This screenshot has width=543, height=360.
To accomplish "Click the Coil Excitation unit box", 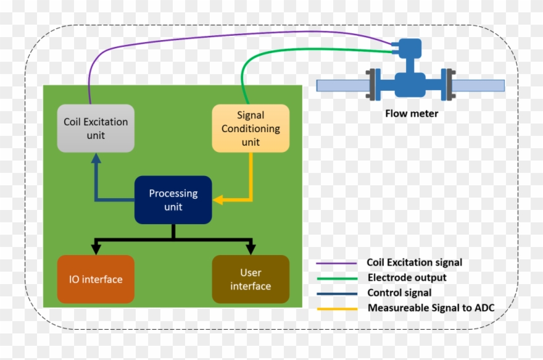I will tap(96, 128).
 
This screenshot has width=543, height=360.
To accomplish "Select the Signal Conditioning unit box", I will tap(251, 128).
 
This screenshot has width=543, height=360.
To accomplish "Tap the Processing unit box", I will tap(173, 199).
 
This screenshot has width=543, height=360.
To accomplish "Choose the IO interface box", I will tap(96, 279).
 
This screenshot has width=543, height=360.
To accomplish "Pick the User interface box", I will tap(251, 279).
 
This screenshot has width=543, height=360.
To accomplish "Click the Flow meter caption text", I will tap(412, 113).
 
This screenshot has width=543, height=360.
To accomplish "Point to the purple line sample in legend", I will tap(337, 263).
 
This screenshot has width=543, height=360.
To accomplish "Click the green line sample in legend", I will tap(337, 278).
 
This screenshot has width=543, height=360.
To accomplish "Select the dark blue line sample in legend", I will tap(337, 293).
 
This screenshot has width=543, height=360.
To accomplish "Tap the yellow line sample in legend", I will tap(337, 308).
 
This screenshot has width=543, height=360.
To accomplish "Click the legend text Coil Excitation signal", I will tap(414, 262).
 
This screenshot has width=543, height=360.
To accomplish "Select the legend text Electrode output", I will tap(407, 278).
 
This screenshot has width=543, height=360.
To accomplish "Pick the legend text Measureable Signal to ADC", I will tap(431, 308).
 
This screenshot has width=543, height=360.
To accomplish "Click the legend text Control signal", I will tap(399, 293).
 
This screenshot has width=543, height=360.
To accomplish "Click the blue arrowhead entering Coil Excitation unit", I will tap(96, 158).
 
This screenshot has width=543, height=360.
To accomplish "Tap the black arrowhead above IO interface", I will tap(96, 249).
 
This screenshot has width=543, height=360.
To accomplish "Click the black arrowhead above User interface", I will tap(251, 249).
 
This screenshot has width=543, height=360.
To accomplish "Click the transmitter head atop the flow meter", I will tap(408, 46).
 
